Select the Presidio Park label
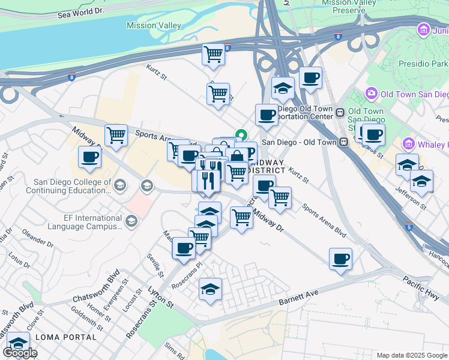coord(423,63)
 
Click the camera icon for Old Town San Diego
coord(371,94)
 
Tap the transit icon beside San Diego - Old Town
coord(343,142)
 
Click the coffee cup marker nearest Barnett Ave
coord(340,259)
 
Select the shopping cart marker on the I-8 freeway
coord(214,55)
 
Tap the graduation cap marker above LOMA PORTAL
coord(19,343)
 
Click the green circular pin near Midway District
coord(242,135)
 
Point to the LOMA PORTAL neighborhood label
coord(65,337)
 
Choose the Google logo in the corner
coord(19,352)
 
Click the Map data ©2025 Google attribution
coord(411,355)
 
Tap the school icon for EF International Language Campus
coord(130,222)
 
